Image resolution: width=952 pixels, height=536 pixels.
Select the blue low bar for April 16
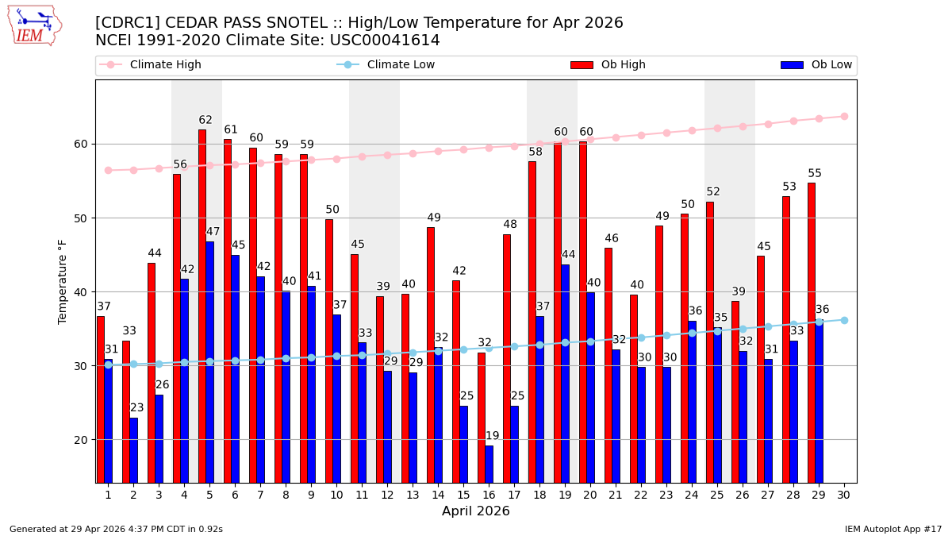click(x=489, y=464)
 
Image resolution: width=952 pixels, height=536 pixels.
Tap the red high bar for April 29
click(x=812, y=333)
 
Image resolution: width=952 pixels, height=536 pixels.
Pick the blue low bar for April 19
click(x=565, y=373)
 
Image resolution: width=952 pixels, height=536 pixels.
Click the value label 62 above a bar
click(x=205, y=121)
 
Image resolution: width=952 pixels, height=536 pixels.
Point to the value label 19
click(x=493, y=436)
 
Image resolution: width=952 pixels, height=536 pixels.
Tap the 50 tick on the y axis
click(x=83, y=218)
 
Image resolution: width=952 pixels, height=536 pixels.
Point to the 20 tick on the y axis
click(x=83, y=440)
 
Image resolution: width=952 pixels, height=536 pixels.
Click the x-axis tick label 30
click(x=843, y=495)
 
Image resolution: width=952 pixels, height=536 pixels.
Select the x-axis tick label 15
click(x=463, y=495)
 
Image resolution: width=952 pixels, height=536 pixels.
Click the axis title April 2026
click(x=476, y=511)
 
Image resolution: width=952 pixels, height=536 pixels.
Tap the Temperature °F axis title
click(x=63, y=281)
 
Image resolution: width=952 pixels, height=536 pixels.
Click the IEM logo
click(x=34, y=25)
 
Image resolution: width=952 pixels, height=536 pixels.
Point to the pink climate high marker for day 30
click(x=844, y=116)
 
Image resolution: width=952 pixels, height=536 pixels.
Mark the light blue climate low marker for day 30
click(x=844, y=320)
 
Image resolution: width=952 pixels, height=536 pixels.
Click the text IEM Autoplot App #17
click(x=892, y=529)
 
